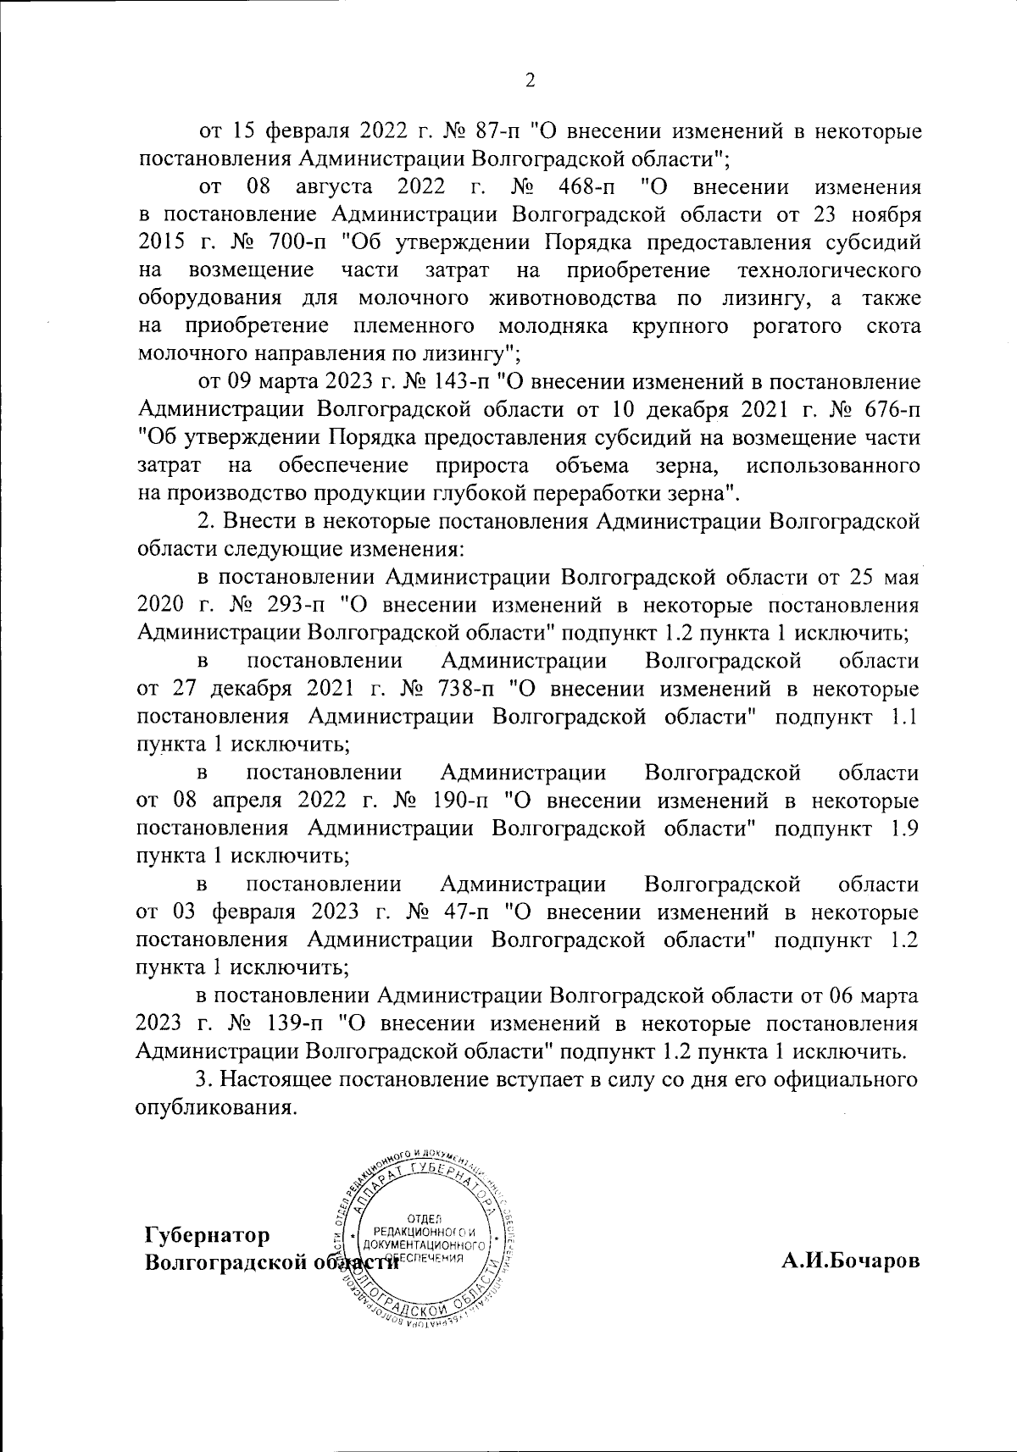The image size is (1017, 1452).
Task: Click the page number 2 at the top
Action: tap(531, 81)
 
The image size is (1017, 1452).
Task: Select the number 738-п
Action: tap(462, 690)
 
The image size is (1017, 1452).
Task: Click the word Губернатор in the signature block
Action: tap(208, 1235)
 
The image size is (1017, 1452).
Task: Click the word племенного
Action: tap(411, 326)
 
